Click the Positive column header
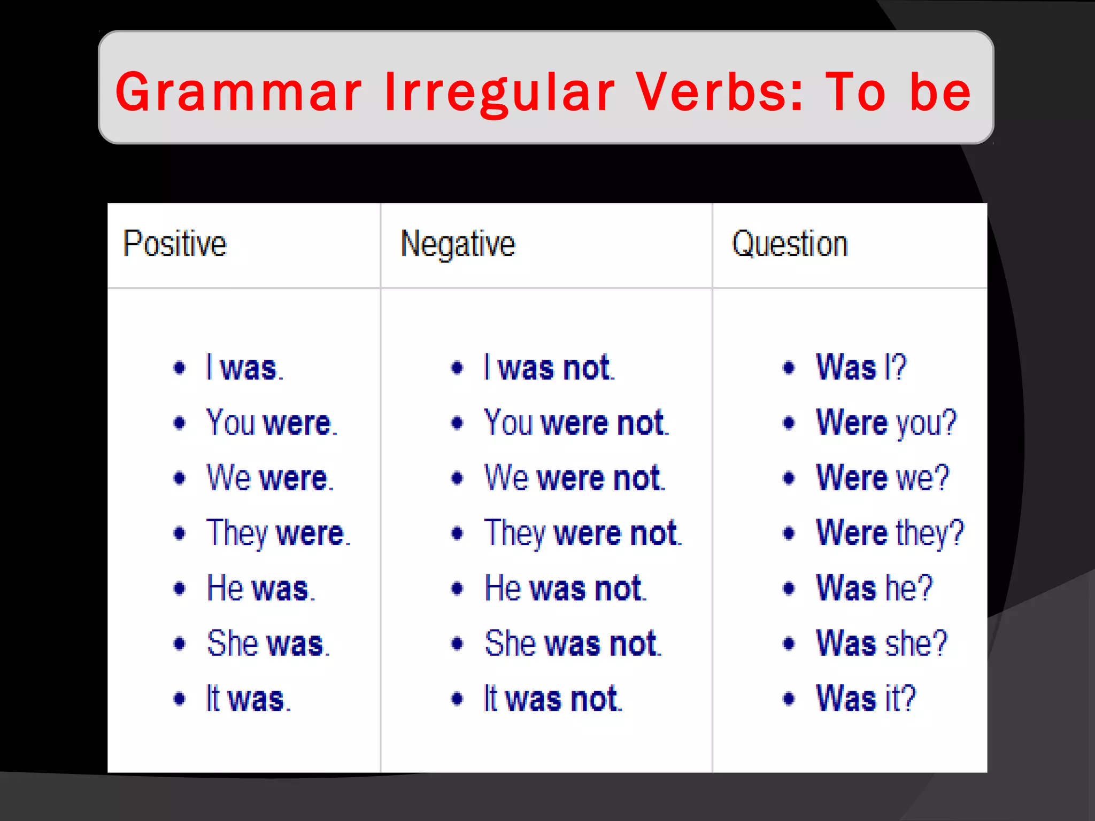click(175, 244)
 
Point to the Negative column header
click(458, 244)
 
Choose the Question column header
click(790, 244)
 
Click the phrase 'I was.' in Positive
click(245, 368)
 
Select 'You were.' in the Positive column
click(272, 423)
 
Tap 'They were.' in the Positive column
click(278, 533)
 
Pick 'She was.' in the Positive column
click(268, 643)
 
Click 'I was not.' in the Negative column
click(549, 368)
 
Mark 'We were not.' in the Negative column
click(575, 478)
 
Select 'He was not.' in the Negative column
click(565, 588)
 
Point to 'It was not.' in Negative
click(553, 699)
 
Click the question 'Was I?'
click(861, 368)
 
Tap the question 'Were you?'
click(886, 423)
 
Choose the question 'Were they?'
click(890, 533)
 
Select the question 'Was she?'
click(882, 643)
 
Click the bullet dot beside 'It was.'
click(180, 699)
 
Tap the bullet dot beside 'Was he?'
click(789, 588)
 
